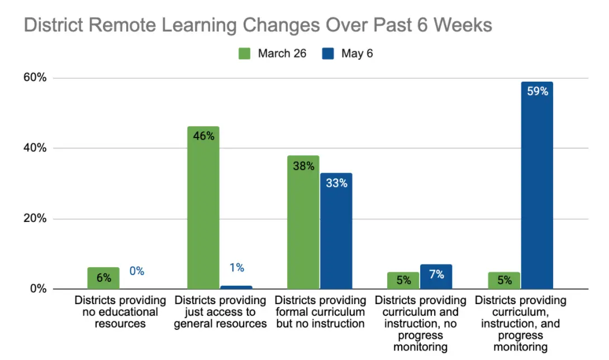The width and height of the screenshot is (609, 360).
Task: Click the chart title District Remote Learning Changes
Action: pos(258,26)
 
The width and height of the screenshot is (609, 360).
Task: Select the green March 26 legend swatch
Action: pos(245,54)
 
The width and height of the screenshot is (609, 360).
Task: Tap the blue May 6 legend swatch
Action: pos(328,54)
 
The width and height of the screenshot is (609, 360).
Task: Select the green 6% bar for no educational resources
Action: pos(103,278)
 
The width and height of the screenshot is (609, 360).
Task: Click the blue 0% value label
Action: pos(136,271)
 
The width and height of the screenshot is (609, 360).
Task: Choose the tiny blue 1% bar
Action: pos(236,287)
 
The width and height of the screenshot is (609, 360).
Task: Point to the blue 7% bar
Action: pos(436,277)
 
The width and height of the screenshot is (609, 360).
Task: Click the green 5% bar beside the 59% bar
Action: pos(503,280)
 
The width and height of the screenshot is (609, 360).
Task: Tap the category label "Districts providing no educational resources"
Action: pos(120,312)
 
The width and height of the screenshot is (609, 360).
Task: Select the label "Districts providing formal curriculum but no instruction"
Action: pos(320,312)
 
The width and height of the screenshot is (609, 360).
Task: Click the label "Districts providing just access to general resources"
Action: pos(220,312)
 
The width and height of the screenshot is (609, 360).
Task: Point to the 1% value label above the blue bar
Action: pos(236,268)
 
